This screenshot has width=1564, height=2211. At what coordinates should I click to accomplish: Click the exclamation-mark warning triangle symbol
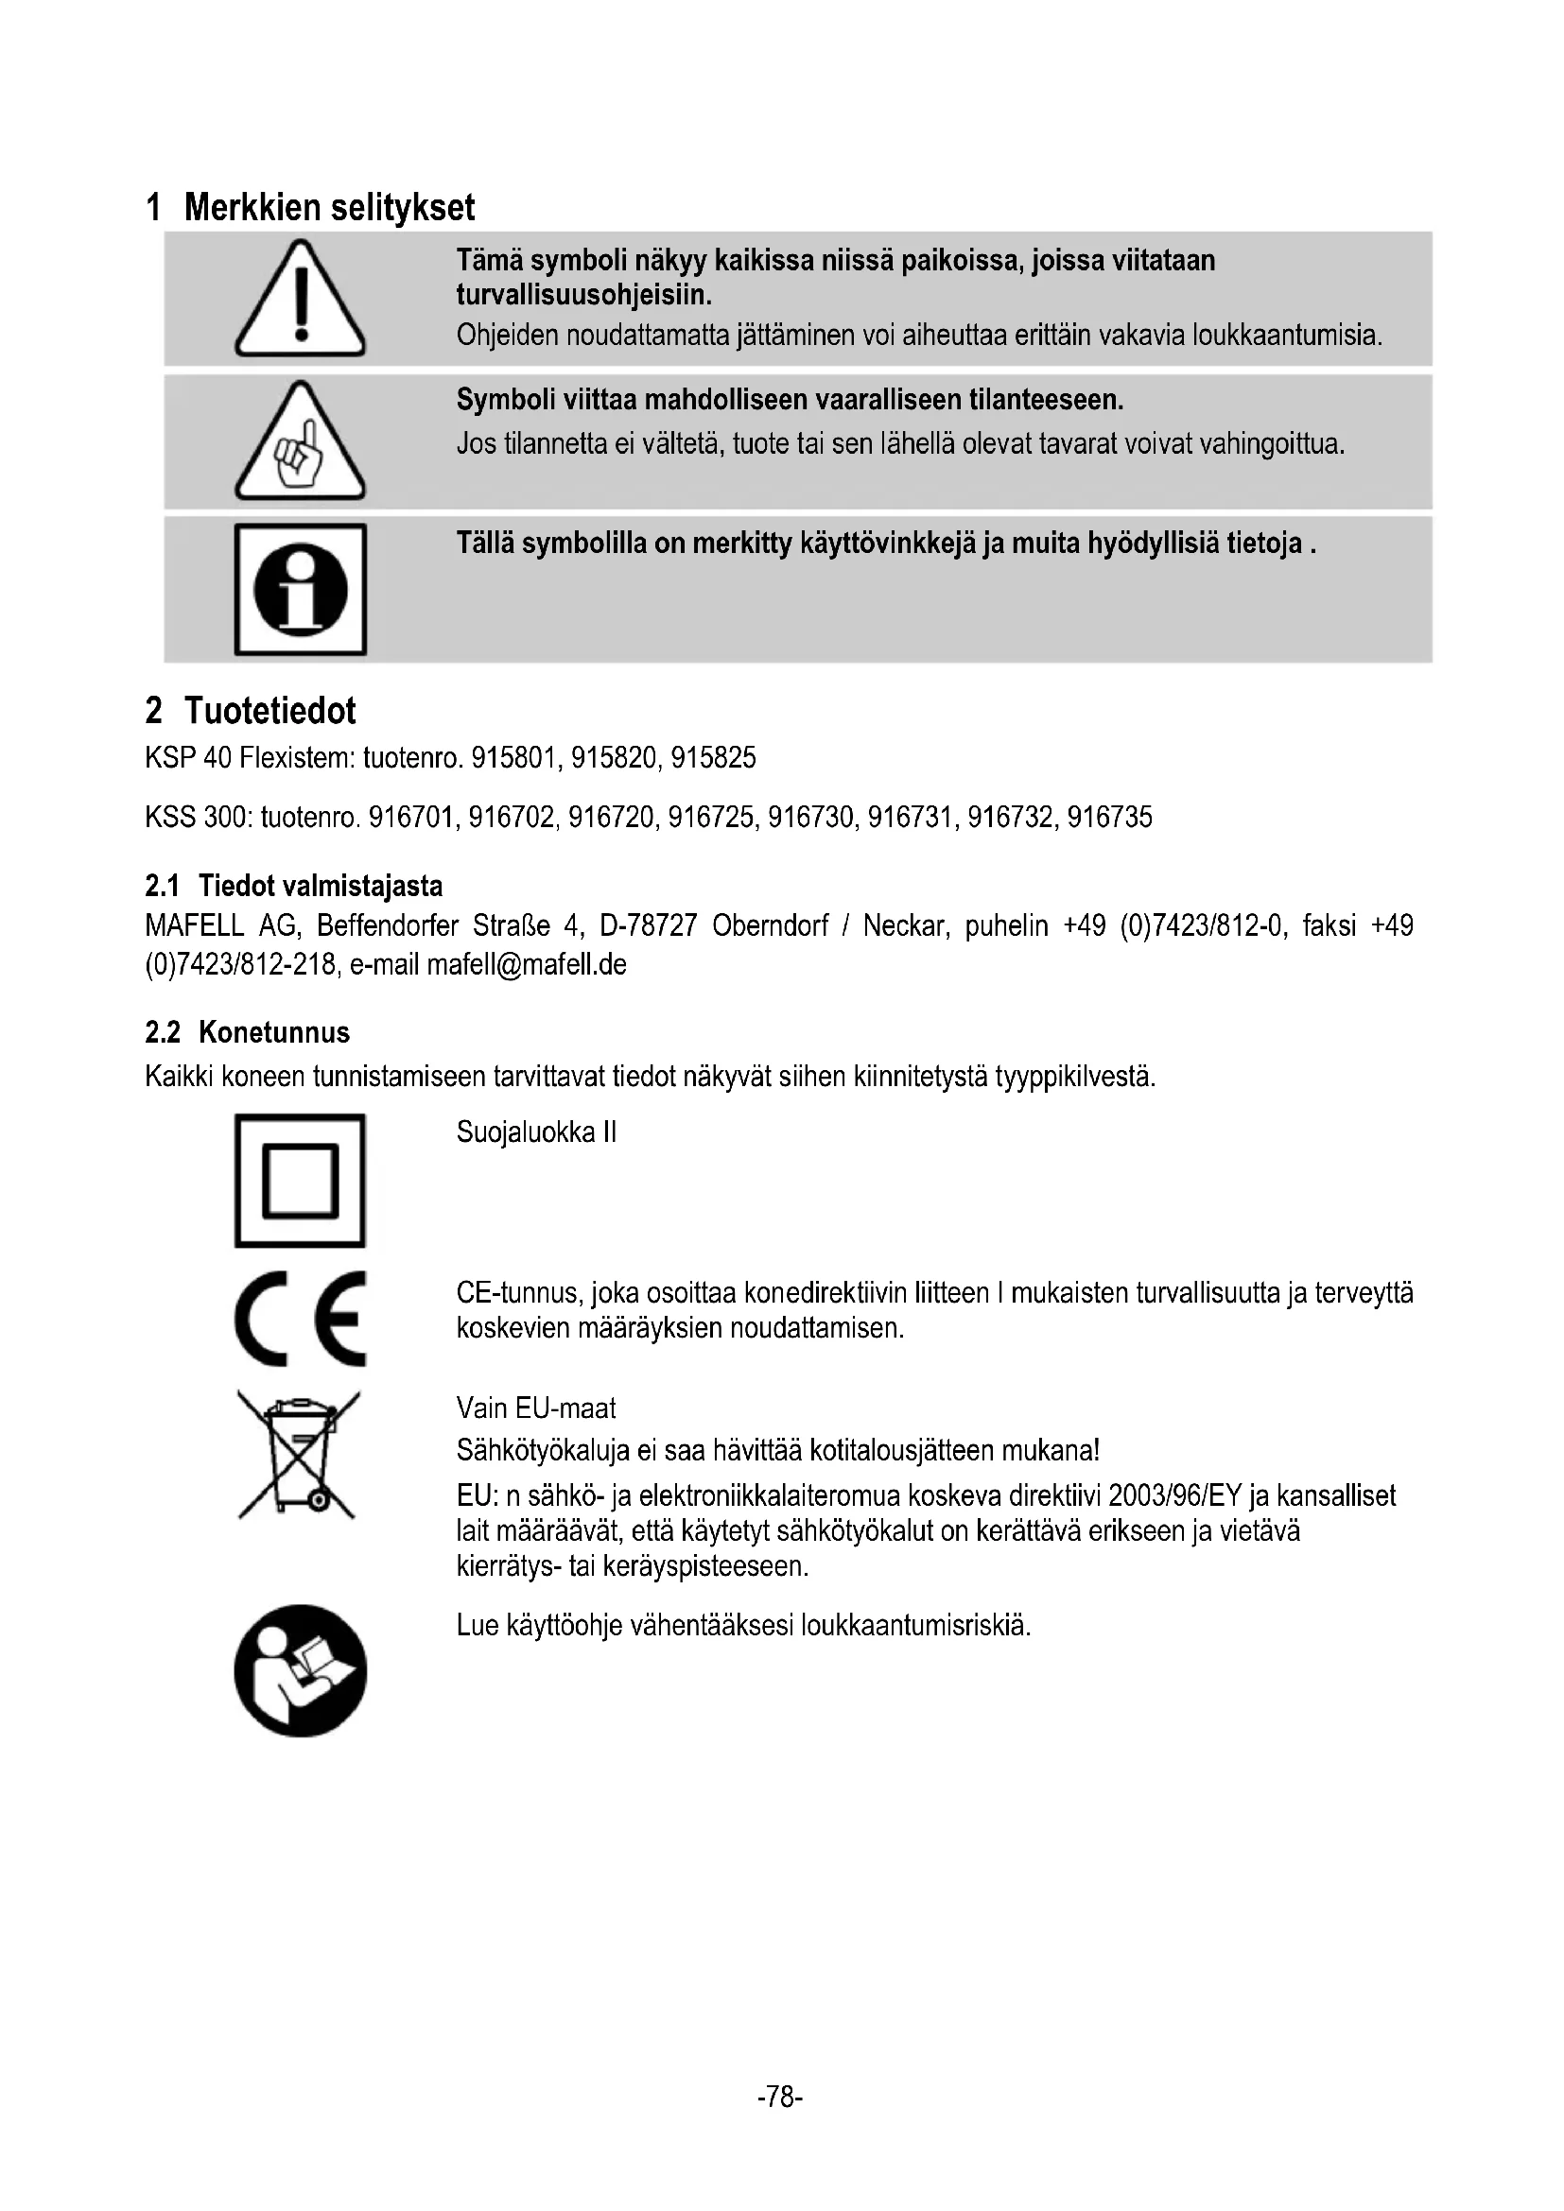301,301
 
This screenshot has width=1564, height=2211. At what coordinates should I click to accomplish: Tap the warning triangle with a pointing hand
301,444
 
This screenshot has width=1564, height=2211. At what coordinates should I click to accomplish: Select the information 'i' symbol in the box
301,589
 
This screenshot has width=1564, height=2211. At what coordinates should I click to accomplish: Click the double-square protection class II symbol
301,1181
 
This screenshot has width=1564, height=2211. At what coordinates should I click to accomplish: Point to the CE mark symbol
301,1319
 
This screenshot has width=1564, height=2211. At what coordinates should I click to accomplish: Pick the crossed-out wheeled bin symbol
299,1456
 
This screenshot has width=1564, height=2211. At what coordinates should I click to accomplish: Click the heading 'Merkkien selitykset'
329,208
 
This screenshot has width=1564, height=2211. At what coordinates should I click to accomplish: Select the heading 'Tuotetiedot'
269,712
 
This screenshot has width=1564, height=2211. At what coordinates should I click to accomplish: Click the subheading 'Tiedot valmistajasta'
320,886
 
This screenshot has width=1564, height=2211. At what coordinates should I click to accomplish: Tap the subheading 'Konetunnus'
273,1033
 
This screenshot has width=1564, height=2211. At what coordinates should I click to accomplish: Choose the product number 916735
1109,819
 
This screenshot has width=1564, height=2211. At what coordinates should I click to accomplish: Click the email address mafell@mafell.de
526,965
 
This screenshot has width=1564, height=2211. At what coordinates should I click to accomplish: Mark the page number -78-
780,2097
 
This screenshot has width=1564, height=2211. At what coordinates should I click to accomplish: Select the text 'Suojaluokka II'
536,1132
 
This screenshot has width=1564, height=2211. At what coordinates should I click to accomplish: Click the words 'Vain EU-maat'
535,1408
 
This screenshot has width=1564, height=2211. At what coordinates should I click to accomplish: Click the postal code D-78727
648,926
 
